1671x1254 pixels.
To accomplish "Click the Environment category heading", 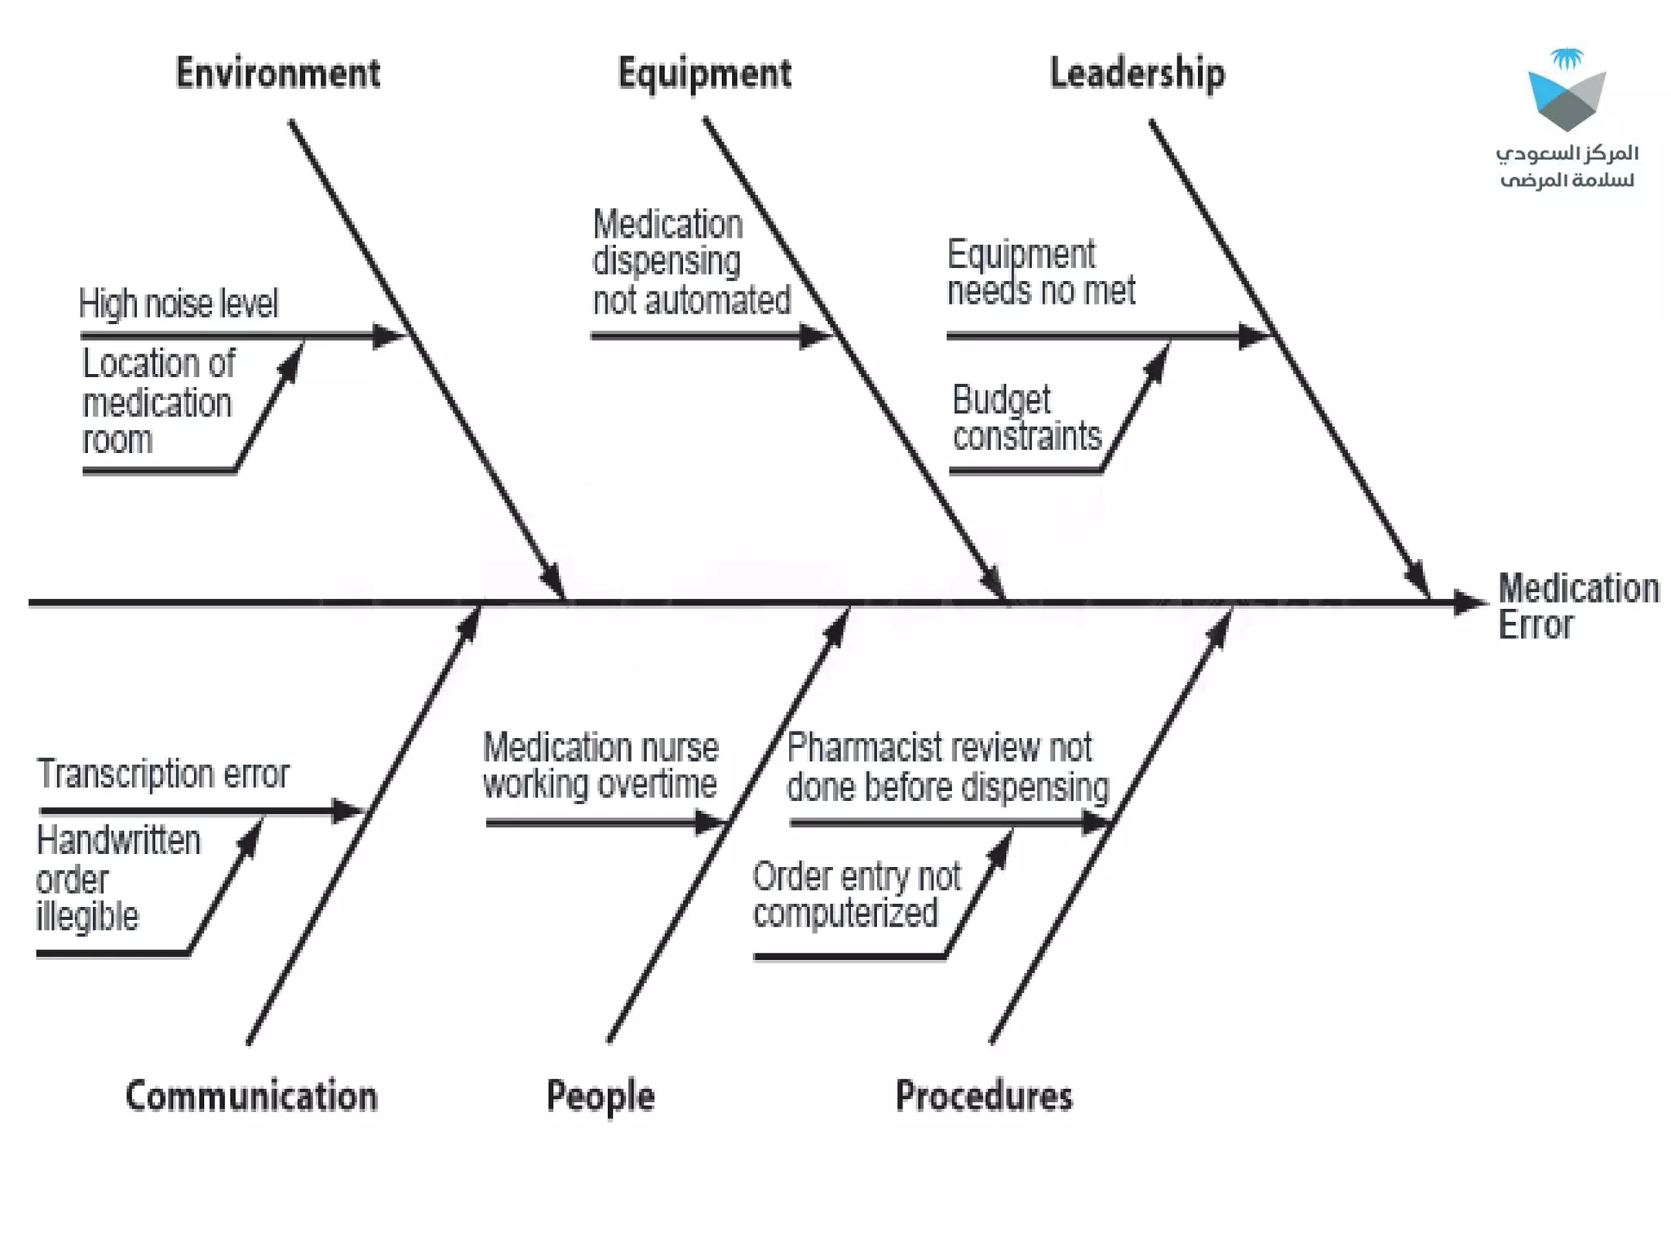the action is point(278,73).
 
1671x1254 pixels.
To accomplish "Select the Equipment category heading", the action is point(704,73).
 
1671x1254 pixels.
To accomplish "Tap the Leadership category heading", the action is point(1137,73).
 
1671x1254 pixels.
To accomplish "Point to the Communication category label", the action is point(251,1096).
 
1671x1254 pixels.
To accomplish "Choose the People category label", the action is point(601,1096).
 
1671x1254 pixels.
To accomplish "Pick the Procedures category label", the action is point(984,1096).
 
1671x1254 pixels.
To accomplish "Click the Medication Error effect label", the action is point(1577,606).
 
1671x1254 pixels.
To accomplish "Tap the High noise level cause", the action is point(179,303).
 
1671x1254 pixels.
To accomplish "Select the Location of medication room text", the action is point(158,401).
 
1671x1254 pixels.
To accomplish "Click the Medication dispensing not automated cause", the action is point(690,261).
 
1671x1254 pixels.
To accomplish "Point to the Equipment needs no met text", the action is point(1040,273).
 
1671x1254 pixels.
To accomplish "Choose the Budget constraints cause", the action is point(1026,418).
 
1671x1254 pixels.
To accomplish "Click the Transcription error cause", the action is point(163,773).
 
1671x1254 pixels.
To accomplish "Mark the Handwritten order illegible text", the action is point(117,878).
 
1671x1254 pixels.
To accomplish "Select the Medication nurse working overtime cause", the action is point(601,766).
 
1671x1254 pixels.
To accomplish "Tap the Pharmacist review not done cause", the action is point(947,767).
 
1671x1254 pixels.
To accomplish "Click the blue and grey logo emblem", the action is point(1567,92).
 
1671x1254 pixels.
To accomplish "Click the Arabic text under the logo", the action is point(1567,166).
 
